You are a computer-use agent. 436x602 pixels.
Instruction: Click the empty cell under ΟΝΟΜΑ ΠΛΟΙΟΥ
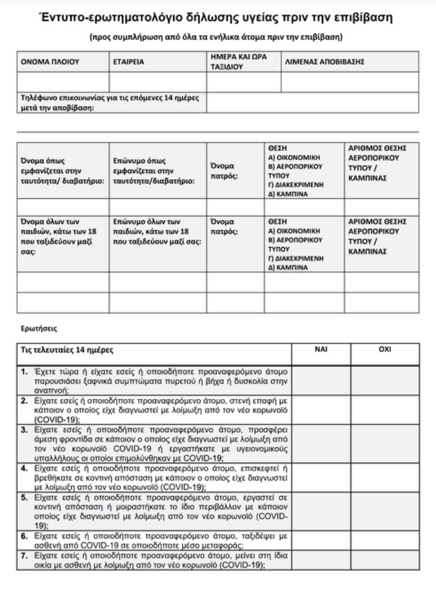tap(63, 82)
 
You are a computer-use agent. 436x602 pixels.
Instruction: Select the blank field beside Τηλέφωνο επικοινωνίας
tap(312, 102)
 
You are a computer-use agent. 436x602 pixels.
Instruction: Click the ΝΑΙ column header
tap(320, 350)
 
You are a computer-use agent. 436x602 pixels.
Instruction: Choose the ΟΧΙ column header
tap(385, 350)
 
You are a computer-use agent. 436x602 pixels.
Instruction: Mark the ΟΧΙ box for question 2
tap(385, 410)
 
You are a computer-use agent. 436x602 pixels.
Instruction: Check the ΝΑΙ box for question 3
tap(320, 444)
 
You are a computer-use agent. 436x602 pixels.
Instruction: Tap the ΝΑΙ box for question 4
tap(320, 478)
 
